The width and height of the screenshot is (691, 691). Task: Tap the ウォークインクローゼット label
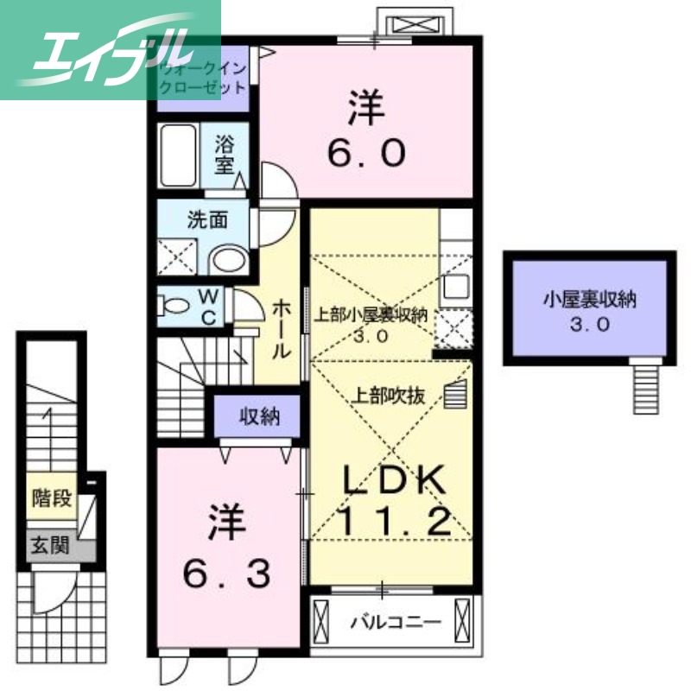[x=202, y=77]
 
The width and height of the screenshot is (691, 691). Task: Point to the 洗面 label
[x=207, y=219]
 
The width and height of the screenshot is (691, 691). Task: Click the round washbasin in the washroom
[x=229, y=260]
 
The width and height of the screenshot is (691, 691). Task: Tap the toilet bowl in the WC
[x=175, y=306]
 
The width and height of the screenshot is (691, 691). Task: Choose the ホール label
[x=282, y=329]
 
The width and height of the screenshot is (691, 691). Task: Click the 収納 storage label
[x=259, y=417]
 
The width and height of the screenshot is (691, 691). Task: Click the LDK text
[x=393, y=481]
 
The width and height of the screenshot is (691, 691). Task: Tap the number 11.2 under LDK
[x=393, y=522]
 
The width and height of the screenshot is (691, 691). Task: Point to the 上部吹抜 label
[x=388, y=397]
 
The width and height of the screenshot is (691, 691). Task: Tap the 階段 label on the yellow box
[x=50, y=498]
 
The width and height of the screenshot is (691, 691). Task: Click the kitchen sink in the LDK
[x=456, y=286]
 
